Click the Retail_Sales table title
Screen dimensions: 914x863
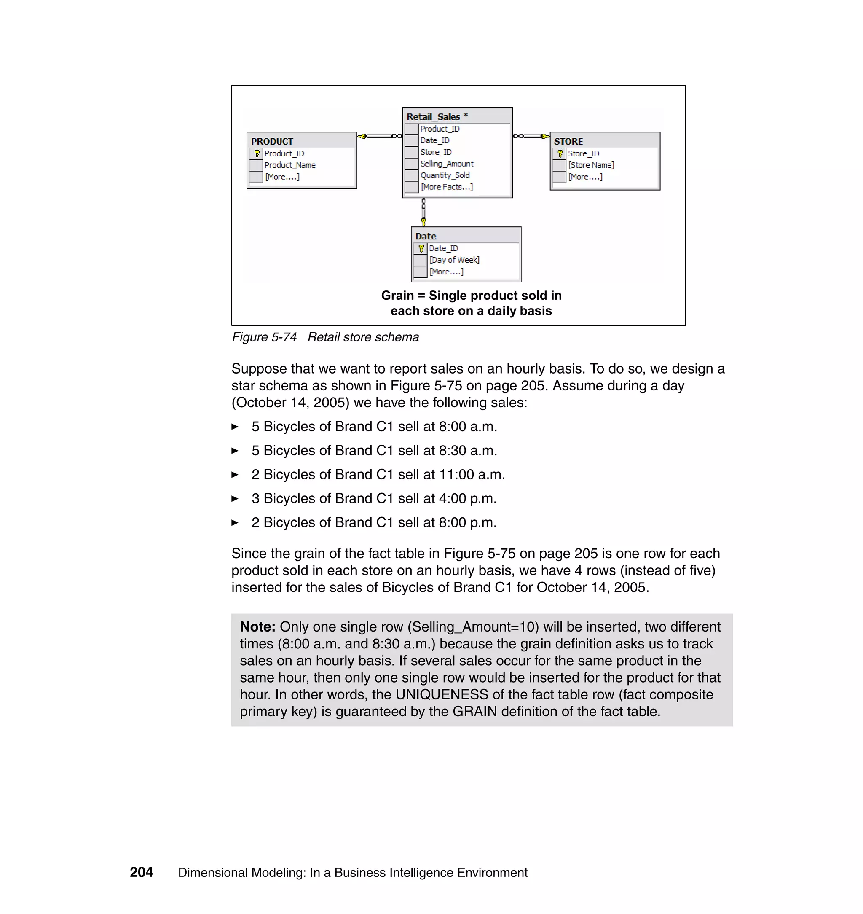(x=433, y=117)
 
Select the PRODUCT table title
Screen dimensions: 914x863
(x=272, y=141)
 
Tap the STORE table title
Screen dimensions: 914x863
(x=568, y=141)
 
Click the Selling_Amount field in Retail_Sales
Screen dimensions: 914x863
(x=447, y=164)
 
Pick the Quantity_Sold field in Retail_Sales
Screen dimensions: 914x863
(x=445, y=175)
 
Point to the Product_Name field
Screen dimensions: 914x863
(x=290, y=165)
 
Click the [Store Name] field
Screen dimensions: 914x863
(x=591, y=165)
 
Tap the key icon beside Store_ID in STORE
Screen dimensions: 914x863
(x=560, y=154)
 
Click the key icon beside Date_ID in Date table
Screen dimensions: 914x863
(x=421, y=248)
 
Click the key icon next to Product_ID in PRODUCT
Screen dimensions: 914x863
(x=257, y=154)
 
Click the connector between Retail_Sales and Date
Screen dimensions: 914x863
(x=423, y=212)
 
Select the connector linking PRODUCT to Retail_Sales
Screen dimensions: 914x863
(x=380, y=136)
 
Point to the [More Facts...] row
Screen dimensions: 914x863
(x=447, y=187)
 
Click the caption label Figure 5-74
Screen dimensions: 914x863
(x=264, y=337)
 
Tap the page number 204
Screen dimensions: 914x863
(x=141, y=872)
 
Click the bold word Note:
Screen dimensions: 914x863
(x=257, y=627)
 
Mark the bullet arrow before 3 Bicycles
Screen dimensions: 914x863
(x=235, y=498)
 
